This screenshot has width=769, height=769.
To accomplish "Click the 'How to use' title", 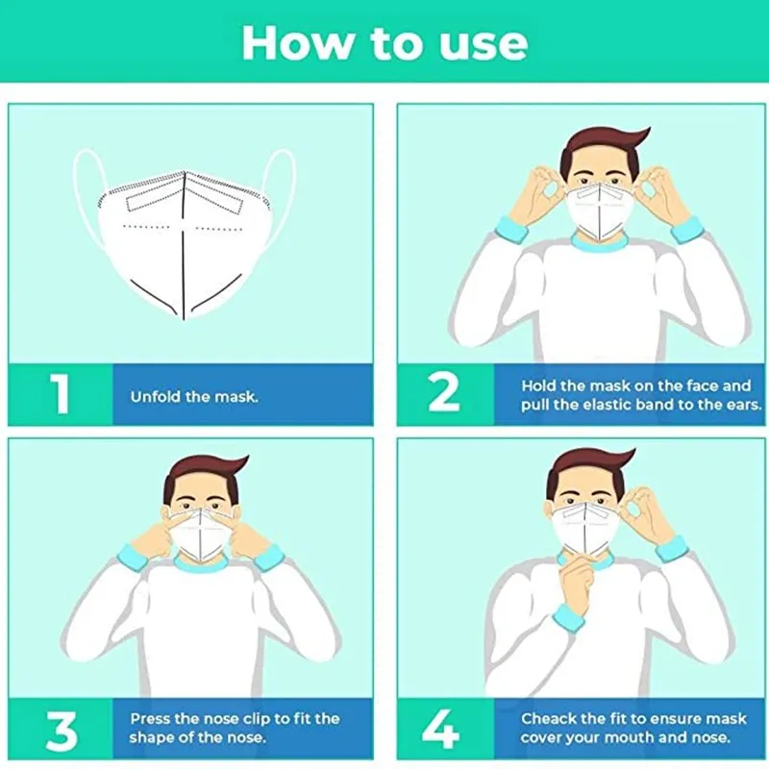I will click(x=384, y=42).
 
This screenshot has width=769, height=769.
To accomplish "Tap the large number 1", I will click(x=61, y=394).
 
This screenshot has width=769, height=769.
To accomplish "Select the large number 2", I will click(x=444, y=394).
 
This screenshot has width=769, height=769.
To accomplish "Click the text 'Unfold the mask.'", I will click(x=194, y=396).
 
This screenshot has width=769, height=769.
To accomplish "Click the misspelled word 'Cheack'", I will click(x=550, y=718).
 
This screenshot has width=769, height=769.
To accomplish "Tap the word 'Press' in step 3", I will click(x=152, y=718).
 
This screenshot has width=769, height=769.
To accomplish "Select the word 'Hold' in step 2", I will click(x=539, y=385).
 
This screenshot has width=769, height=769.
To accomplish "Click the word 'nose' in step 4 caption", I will click(x=709, y=738).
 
